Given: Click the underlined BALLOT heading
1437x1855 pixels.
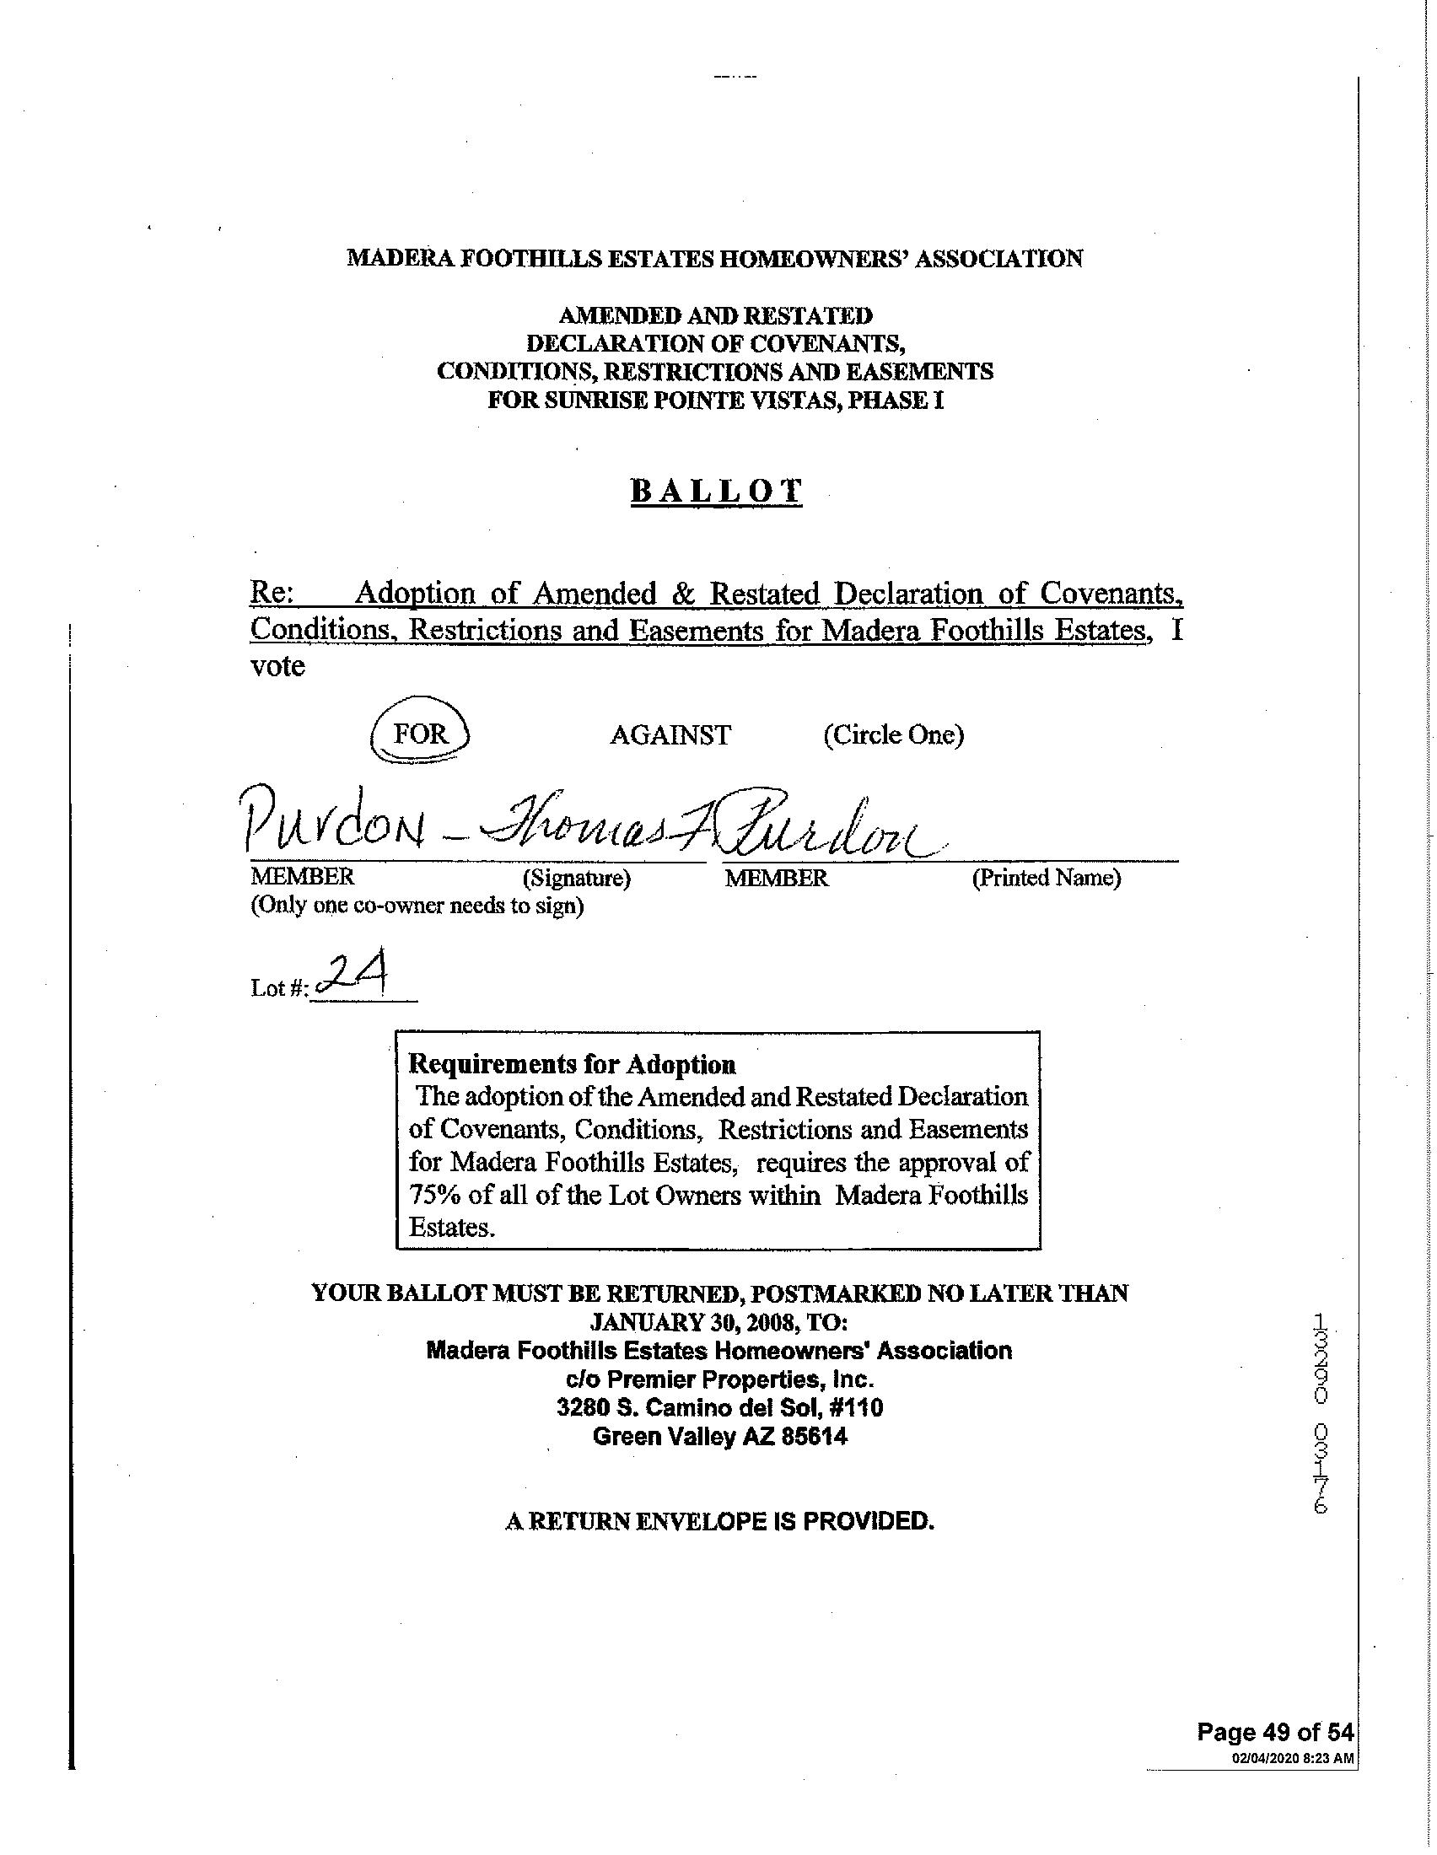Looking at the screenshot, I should coord(716,492).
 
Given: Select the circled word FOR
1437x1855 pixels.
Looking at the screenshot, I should coord(421,734).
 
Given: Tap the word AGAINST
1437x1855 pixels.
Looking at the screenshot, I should coord(670,734).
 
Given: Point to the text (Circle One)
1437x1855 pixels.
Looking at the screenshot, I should coord(893,734).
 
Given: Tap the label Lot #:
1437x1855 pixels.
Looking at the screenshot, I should coord(278,988).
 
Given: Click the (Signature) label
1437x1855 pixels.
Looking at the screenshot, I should coord(577,878).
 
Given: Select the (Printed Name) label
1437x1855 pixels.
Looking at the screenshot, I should coord(1046,878).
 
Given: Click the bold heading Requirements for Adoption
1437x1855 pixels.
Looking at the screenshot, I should coord(573,1064).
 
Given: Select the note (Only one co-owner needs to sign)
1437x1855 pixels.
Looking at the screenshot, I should coord(416,906).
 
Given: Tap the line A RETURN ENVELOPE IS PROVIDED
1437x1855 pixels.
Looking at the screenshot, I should coord(719,1520).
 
